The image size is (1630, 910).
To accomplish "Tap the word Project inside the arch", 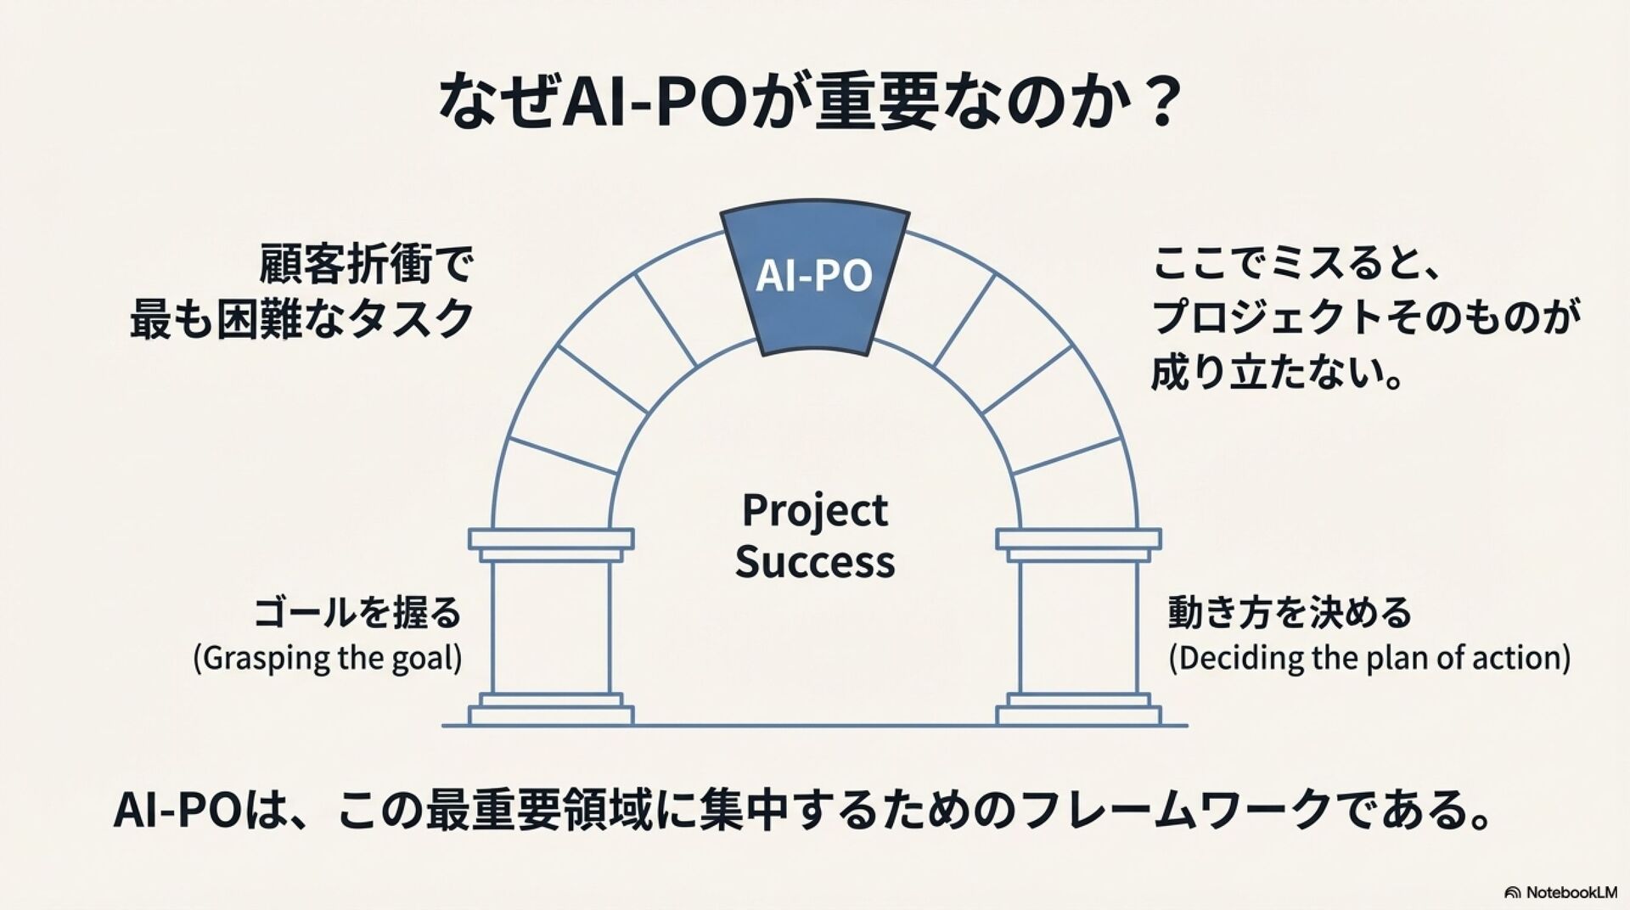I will (814, 511).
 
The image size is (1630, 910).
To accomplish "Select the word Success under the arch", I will (814, 562).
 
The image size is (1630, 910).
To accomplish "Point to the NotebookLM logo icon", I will (1512, 892).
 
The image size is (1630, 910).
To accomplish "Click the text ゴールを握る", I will (357, 613).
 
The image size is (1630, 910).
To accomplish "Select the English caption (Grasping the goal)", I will (328, 658).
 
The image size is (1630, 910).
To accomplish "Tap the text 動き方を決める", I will (1290, 613).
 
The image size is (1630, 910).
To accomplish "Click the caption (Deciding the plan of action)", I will (1369, 658).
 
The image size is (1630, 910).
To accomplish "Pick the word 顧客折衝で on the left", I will (366, 266).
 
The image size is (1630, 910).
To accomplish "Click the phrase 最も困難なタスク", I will (301, 319).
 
